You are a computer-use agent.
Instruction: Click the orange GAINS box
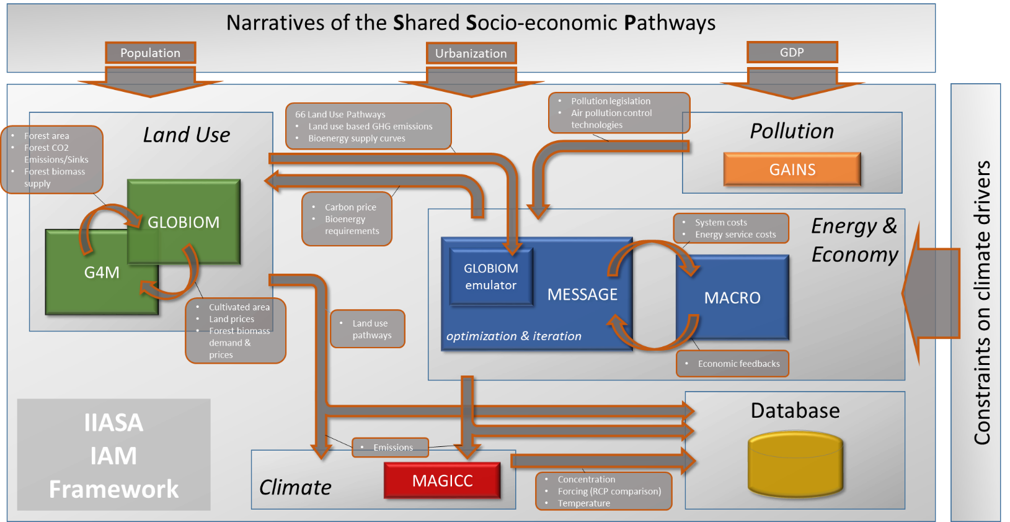[x=792, y=169]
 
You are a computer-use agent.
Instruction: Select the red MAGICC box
[x=442, y=480]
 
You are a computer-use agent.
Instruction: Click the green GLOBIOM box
[x=184, y=222]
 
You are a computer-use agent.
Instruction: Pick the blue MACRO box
[x=732, y=297]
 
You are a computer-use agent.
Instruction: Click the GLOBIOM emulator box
[x=491, y=277]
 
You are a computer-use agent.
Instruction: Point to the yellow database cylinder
[x=795, y=463]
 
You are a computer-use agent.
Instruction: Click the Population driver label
[x=150, y=53]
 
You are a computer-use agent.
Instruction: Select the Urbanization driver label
[x=471, y=53]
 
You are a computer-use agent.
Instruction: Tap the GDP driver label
[x=792, y=52]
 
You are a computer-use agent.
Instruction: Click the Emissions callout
[x=390, y=448]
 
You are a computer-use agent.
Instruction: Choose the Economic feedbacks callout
[x=732, y=364]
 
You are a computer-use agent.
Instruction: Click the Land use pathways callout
[x=368, y=329]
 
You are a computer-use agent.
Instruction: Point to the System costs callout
[x=731, y=228]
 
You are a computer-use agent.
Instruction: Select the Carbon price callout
[x=347, y=219]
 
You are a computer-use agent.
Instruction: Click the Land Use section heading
[x=186, y=135]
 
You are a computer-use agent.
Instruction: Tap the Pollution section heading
[x=792, y=131]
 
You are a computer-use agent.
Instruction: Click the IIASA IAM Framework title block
[x=113, y=455]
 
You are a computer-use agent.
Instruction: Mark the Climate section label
[x=295, y=487]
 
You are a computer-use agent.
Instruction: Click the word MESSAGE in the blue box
[x=582, y=294]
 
